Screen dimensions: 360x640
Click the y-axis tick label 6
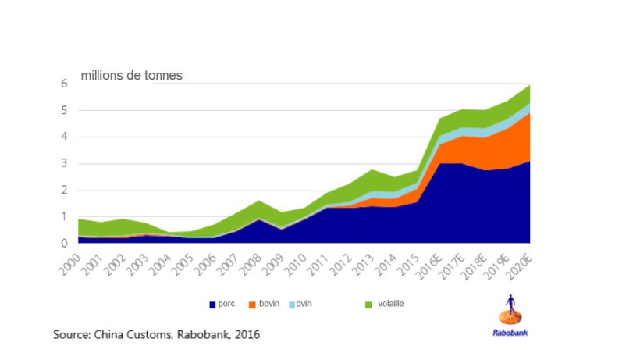(x=64, y=84)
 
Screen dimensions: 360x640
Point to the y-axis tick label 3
(x=64, y=164)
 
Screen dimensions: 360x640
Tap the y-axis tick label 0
(x=64, y=244)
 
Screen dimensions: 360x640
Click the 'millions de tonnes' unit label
(x=131, y=76)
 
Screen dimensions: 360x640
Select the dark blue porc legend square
(x=212, y=304)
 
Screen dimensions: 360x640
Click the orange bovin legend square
(x=252, y=304)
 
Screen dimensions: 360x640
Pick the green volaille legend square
(x=368, y=304)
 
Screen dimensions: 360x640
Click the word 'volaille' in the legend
(x=389, y=303)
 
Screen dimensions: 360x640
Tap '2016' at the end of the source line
(x=245, y=334)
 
